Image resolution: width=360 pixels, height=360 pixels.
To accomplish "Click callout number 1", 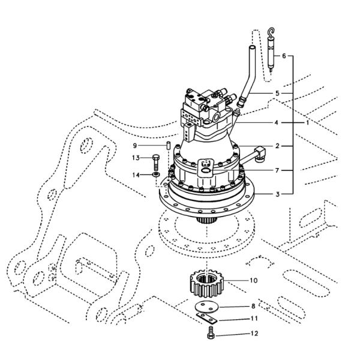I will click(x=307, y=122).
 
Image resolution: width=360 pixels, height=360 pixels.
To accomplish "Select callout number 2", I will click(x=278, y=146).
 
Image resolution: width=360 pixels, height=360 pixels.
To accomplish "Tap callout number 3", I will click(x=278, y=193).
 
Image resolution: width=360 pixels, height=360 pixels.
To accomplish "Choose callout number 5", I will click(x=277, y=94).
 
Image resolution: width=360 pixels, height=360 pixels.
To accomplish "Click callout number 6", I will click(x=284, y=56).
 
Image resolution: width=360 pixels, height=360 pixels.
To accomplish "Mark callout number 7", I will click(x=278, y=170).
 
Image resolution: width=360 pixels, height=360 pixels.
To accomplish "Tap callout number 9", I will click(x=136, y=145).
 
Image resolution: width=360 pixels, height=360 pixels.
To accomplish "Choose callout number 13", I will click(x=137, y=158).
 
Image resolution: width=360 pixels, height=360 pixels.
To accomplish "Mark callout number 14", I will click(x=136, y=175).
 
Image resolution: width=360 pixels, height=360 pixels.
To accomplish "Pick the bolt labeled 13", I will click(x=155, y=160).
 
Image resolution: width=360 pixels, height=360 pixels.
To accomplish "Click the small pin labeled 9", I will click(x=169, y=145).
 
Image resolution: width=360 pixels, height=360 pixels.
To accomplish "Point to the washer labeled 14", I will click(x=155, y=175).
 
